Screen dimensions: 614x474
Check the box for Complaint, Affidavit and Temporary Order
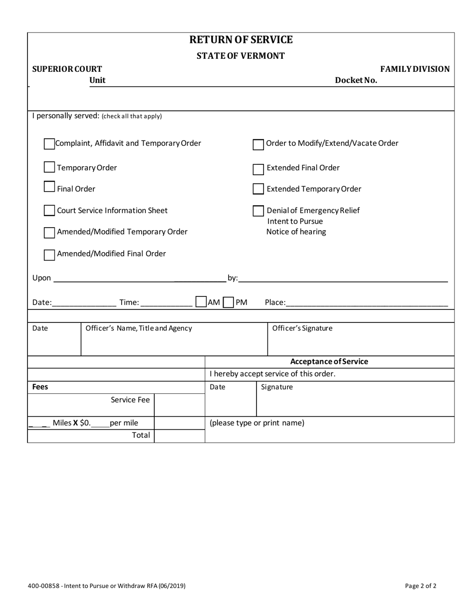pyautogui.click(x=49, y=144)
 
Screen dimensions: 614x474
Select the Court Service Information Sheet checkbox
pyautogui.click(x=49, y=211)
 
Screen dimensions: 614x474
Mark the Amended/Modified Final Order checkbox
pyautogui.click(x=49, y=255)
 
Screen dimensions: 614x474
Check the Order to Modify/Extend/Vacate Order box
pyautogui.click(x=258, y=144)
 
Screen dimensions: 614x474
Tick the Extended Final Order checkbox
pyautogui.click(x=258, y=169)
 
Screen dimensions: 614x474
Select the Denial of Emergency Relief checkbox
pyautogui.click(x=258, y=211)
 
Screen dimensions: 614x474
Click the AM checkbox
pyautogui.click(x=201, y=302)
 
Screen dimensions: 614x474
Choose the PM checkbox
pyautogui.click(x=229, y=303)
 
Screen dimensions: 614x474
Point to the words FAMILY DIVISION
pyautogui.click(x=415, y=69)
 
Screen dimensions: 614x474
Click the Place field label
pyautogui.click(x=275, y=303)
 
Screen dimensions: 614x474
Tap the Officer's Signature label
pyautogui.click(x=302, y=328)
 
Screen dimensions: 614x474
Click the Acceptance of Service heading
pyautogui.click(x=329, y=362)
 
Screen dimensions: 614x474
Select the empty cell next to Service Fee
pyautogui.click(x=179, y=400)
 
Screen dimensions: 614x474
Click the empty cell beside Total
pyautogui.click(x=179, y=435)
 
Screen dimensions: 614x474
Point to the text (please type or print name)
pyautogui.click(x=257, y=423)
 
